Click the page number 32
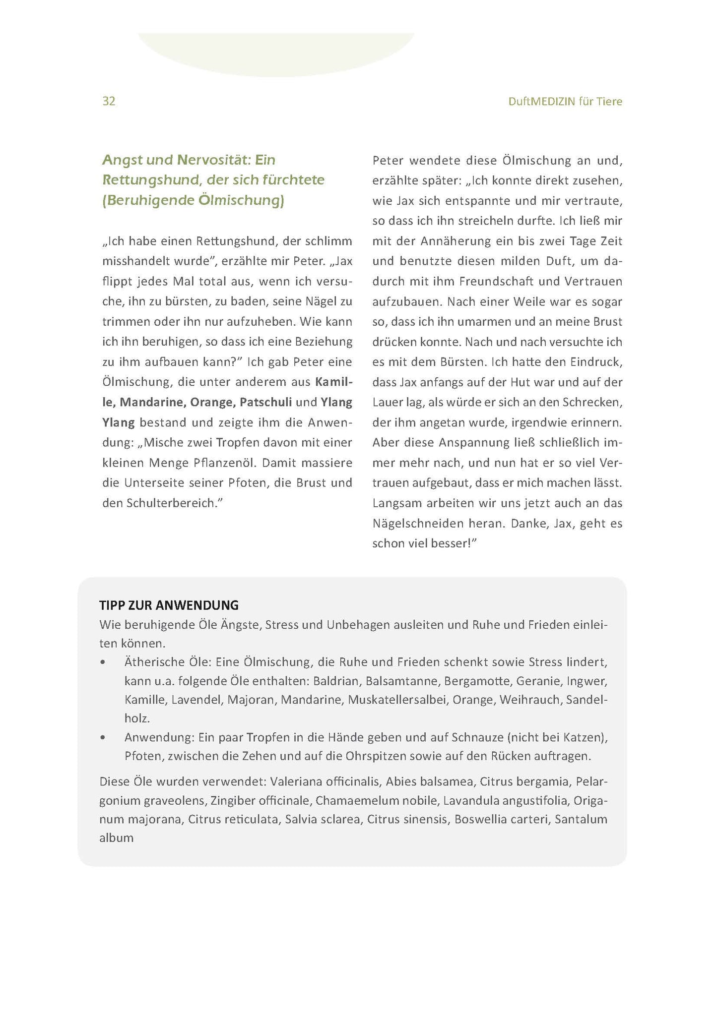pos(109,101)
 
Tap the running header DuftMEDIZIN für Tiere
pos(565,102)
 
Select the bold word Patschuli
pos(265,402)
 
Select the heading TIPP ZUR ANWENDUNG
pos(169,605)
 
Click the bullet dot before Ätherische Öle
pos(103,662)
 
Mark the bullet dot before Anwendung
pos(103,738)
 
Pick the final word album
pos(116,838)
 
